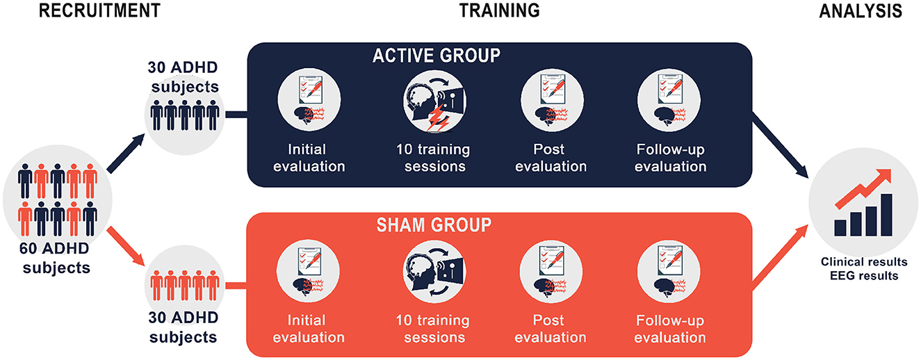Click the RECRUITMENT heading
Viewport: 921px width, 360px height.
tap(99, 11)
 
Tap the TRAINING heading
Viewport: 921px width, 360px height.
tap(500, 10)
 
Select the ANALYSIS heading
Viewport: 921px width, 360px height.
tap(861, 11)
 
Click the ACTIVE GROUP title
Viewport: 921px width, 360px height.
tap(437, 56)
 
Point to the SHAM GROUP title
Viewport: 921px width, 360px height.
tap(434, 225)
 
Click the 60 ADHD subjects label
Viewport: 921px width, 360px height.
tap(56, 258)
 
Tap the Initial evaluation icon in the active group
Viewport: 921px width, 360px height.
tap(309, 100)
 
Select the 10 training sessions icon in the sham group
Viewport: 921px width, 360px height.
tap(434, 272)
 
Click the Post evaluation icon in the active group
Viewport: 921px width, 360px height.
tap(552, 100)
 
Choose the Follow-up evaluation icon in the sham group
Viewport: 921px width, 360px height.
tap(669, 272)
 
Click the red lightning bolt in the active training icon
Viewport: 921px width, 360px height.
tap(438, 118)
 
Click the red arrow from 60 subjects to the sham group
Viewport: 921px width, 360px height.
tap(126, 247)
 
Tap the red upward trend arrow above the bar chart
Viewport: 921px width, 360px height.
tap(863, 188)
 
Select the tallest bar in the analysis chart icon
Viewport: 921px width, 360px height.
tap(886, 215)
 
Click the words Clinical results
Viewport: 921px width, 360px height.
tap(864, 262)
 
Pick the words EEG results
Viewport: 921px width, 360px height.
tap(864, 275)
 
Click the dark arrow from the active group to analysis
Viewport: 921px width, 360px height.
tap(780, 145)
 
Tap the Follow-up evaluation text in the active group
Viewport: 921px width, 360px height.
tap(670, 158)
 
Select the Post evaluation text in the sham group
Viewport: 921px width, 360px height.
tap(550, 329)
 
